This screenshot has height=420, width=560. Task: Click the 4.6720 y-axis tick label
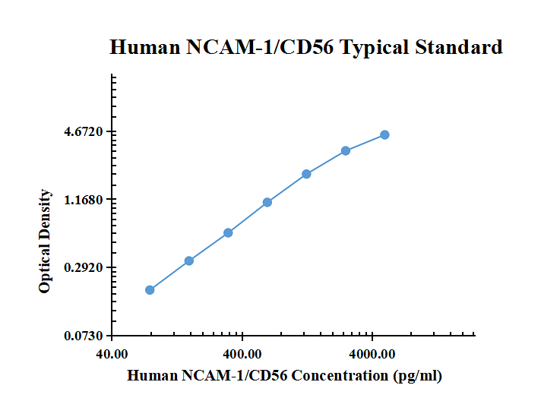(84, 132)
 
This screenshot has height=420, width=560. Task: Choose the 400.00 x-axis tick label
(242, 354)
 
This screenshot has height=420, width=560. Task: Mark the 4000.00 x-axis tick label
(372, 354)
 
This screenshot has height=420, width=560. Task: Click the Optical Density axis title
(46, 242)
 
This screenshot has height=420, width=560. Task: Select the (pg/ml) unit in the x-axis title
(416, 375)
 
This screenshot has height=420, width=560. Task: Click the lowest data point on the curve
(150, 289)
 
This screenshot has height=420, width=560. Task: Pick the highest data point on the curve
(384, 134)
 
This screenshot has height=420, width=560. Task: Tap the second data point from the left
(188, 261)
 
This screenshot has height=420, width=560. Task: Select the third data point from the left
(228, 232)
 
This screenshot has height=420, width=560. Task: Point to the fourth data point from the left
(267, 202)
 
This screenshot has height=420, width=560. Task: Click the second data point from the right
(346, 150)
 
